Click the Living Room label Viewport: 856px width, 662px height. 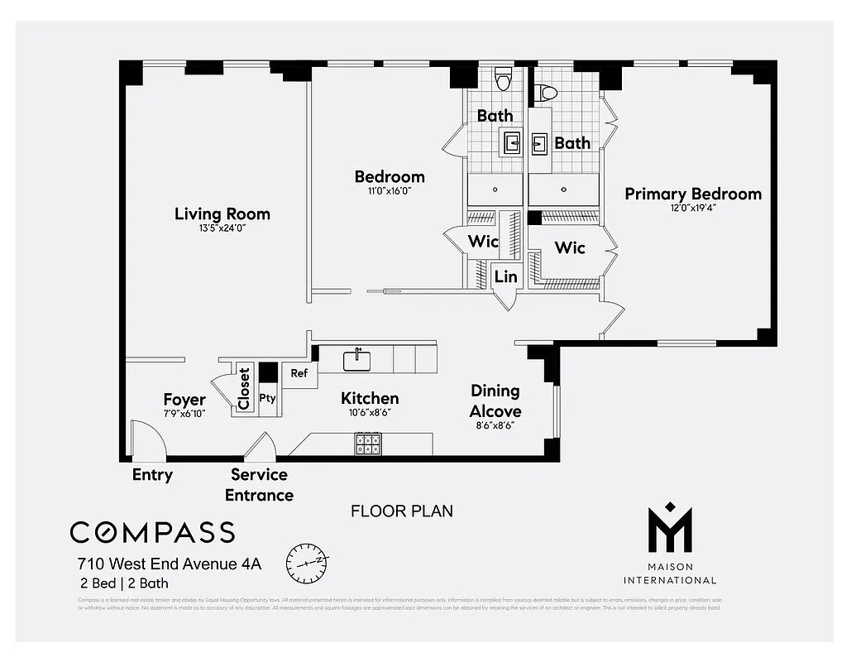[x=222, y=213]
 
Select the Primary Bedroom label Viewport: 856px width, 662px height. [x=692, y=194]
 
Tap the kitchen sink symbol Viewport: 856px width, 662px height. [x=358, y=359]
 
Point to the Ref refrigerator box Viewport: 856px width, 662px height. [x=299, y=373]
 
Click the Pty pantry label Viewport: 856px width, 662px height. [x=267, y=397]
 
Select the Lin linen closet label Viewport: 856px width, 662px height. [x=505, y=276]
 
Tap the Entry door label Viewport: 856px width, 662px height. [x=152, y=475]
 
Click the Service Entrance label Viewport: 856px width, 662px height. [x=261, y=485]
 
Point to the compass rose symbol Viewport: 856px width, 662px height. [x=308, y=564]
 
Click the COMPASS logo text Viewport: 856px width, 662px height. [x=152, y=532]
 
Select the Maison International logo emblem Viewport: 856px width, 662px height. [x=670, y=530]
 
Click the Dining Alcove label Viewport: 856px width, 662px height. [x=495, y=401]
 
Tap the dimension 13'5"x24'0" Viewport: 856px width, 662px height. [x=222, y=228]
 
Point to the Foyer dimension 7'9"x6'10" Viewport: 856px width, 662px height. [x=184, y=412]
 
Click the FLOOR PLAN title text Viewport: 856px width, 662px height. [x=402, y=511]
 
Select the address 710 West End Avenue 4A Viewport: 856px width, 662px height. [x=169, y=564]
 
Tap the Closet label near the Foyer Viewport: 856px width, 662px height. [x=244, y=388]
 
